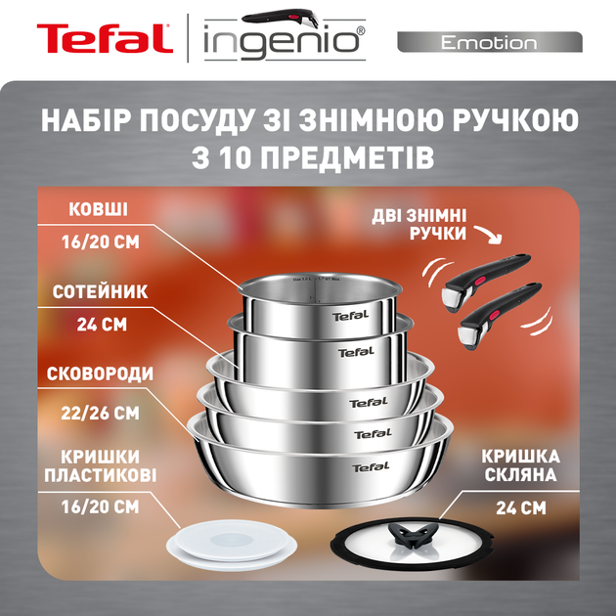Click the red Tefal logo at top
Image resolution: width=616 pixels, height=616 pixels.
coord(106,41)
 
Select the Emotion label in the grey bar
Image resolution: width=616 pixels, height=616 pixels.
coord(488,43)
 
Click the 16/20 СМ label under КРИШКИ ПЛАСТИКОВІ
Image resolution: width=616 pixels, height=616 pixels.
coord(98,506)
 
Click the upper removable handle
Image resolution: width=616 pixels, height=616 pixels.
coord(490,269)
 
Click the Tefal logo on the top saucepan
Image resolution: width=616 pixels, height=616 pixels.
coord(350,315)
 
